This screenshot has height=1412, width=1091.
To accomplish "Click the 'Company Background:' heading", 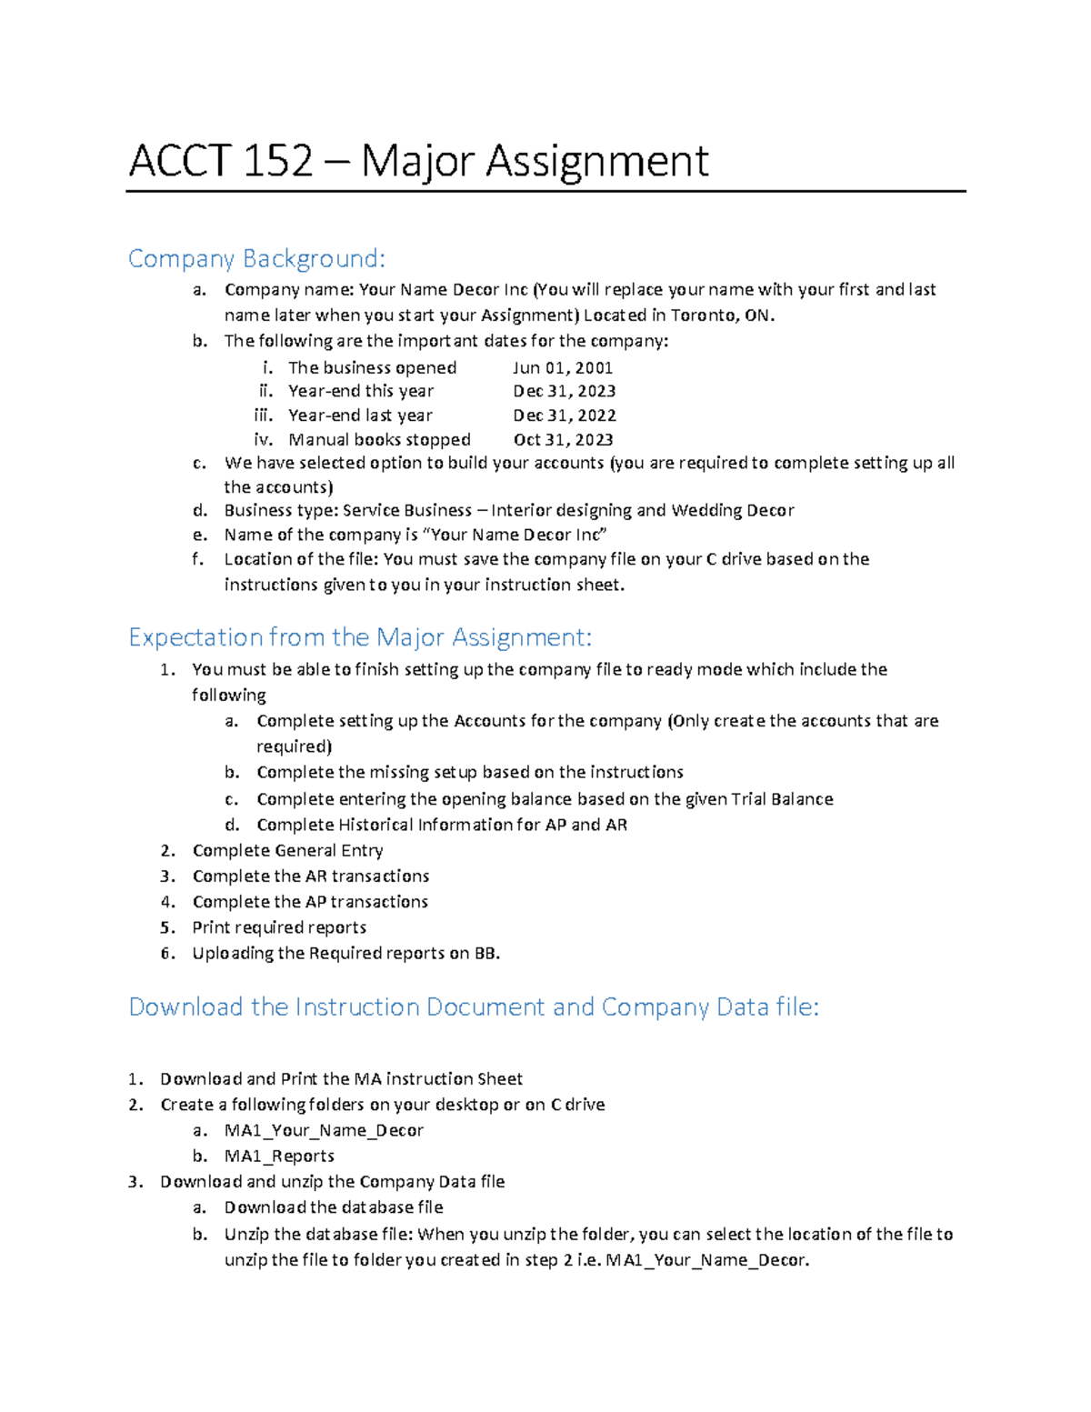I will click(x=256, y=259).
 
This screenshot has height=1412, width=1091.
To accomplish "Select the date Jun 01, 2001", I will click(x=562, y=367).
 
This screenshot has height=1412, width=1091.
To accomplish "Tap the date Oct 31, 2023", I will click(x=563, y=440).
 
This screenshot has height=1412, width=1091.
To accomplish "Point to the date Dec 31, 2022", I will click(x=564, y=416).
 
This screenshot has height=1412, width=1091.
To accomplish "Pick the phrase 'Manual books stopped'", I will click(x=379, y=440).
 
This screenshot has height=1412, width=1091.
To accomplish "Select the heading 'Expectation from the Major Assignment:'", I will click(x=360, y=637).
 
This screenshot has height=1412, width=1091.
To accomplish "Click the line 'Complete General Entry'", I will click(x=287, y=850).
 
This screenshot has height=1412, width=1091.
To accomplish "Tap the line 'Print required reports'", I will click(x=279, y=927).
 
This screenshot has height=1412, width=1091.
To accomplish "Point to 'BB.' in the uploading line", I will click(x=487, y=953).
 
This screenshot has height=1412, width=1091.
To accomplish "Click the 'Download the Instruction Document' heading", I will click(x=473, y=1007).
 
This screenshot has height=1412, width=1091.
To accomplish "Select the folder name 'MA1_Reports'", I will click(x=279, y=1156).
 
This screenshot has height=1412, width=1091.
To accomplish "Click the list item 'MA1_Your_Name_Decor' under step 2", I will click(x=324, y=1130).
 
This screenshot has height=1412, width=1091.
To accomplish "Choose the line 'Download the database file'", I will click(x=334, y=1207).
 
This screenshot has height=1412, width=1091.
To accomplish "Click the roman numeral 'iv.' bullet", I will click(x=263, y=440).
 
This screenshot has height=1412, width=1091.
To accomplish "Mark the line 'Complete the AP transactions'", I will click(x=310, y=902).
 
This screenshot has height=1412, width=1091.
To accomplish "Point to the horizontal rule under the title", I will click(x=545, y=192).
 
